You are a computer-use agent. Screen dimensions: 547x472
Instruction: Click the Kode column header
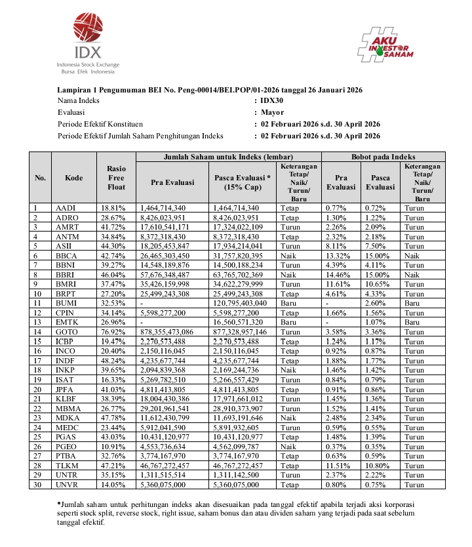tap(74, 178)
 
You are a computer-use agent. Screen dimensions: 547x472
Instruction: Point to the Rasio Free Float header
tap(116, 178)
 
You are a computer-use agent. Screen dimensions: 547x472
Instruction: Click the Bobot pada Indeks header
tap(383, 157)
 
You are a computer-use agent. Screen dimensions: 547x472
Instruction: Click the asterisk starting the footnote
tap(58, 503)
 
